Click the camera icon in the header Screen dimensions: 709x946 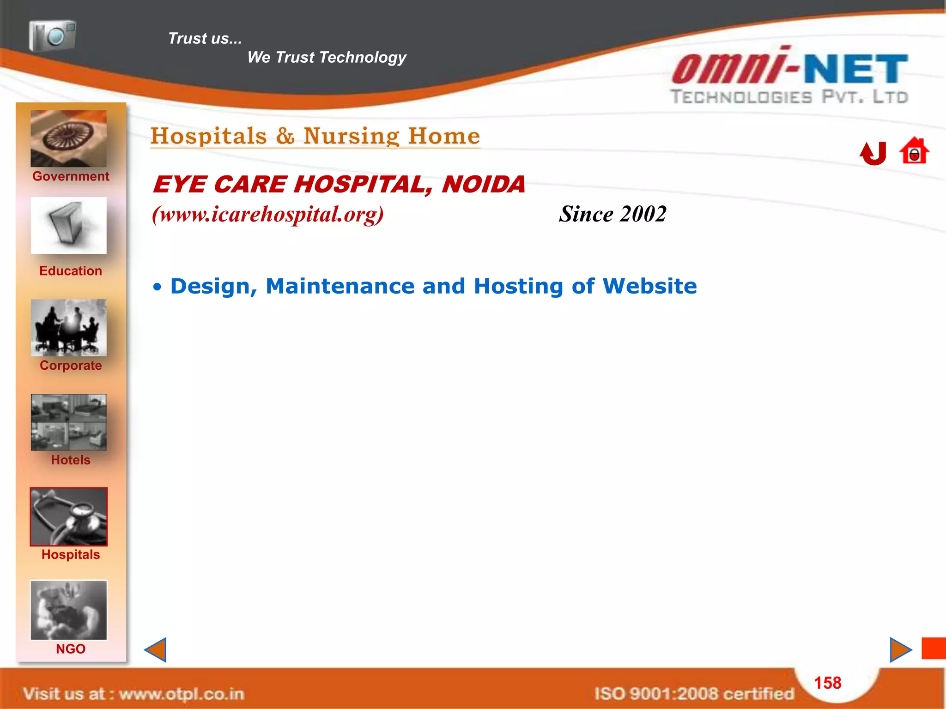click(x=52, y=36)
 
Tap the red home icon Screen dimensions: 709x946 click(x=914, y=151)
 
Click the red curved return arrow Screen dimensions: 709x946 click(x=873, y=153)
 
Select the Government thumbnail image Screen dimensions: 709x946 click(x=68, y=138)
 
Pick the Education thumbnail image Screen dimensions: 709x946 click(x=68, y=225)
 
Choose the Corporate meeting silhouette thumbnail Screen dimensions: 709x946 click(x=68, y=328)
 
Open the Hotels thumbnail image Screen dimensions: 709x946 click(x=68, y=422)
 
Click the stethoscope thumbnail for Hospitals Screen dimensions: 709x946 click(x=68, y=517)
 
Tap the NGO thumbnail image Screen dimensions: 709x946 click(x=68, y=610)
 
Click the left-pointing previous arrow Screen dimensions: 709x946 click(x=156, y=649)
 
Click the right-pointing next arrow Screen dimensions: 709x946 click(x=900, y=649)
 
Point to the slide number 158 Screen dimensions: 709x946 click(x=827, y=683)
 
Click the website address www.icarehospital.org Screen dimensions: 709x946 click(x=268, y=214)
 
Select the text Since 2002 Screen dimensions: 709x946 click(x=612, y=214)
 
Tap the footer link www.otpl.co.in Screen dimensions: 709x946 click(x=181, y=694)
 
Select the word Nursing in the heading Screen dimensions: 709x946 click(x=352, y=136)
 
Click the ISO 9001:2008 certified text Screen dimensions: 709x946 click(x=694, y=694)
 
